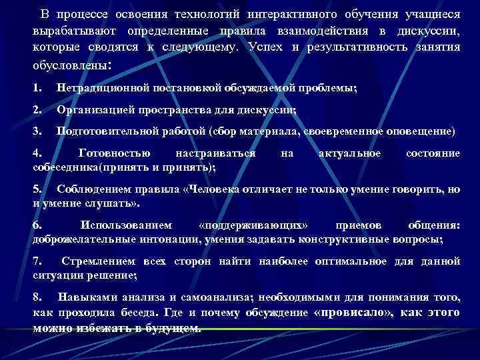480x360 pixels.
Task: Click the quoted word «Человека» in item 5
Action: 210,189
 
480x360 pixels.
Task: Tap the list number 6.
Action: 37,225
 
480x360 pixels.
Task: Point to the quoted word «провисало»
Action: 353,313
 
